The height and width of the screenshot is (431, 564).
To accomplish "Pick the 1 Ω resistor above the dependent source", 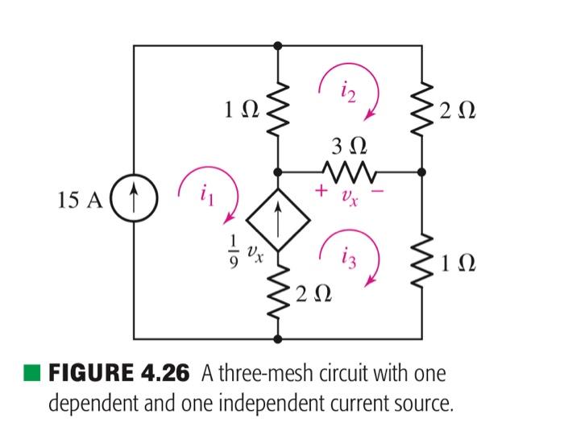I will (x=278, y=107).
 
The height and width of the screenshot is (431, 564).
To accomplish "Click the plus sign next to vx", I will (x=321, y=192).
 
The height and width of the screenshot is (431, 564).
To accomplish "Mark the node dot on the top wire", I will (x=278, y=45).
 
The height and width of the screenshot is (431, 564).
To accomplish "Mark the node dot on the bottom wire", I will (x=278, y=339).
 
